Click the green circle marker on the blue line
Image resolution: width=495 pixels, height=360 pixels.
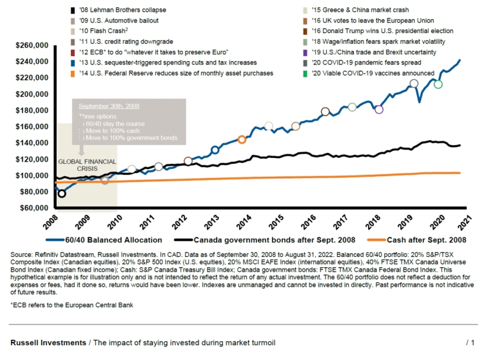coord(438,85)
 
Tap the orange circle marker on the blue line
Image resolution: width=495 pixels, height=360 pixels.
coord(242,139)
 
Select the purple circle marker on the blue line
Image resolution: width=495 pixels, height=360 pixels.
coord(379,109)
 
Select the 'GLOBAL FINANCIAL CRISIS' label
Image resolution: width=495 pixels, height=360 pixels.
coord(87,165)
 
